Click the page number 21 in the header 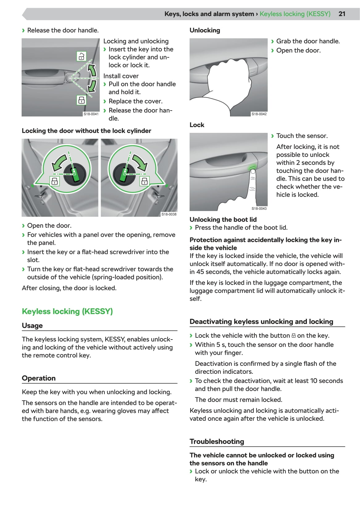pos(342,14)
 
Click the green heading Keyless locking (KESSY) pos(67,311)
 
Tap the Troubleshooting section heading pos(217,441)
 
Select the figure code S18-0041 pos(91,114)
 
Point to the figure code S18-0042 pos(259,114)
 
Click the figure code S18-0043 pos(259,209)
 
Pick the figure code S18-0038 pos(169,214)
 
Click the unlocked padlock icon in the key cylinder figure pos(81,56)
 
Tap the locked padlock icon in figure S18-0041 pos(81,100)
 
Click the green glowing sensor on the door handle pos(253,167)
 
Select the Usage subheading pos(32,325)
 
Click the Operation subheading pos(39,378)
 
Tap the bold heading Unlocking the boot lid pos(223,219)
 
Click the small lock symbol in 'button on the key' pos(294,336)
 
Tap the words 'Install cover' pos(121,76)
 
